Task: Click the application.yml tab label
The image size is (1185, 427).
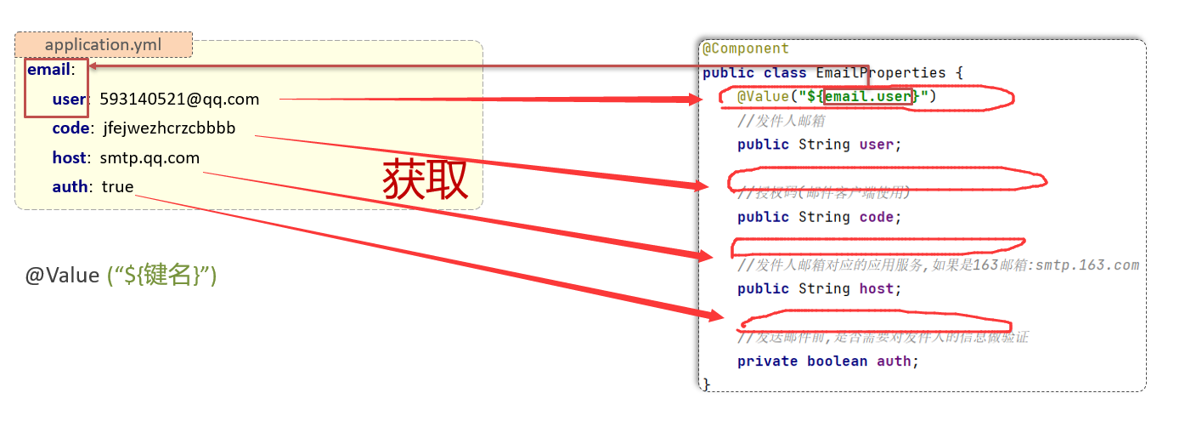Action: (x=103, y=44)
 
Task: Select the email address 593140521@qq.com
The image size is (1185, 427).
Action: (x=179, y=100)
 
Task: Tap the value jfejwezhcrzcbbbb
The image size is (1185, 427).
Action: (x=169, y=128)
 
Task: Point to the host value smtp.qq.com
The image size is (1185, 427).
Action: (x=150, y=157)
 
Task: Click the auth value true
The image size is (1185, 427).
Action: (x=117, y=186)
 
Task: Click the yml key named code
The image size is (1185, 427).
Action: (x=71, y=128)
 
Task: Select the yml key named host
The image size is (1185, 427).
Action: (x=69, y=157)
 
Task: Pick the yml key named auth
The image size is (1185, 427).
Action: (x=70, y=186)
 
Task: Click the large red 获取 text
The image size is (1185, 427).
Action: (x=425, y=179)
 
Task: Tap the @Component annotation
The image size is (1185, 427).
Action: (x=746, y=48)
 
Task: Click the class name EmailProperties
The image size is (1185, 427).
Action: (x=881, y=72)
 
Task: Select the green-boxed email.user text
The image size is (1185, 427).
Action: (x=867, y=96)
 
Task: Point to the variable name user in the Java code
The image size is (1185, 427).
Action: (x=876, y=145)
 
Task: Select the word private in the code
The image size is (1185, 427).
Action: (x=767, y=362)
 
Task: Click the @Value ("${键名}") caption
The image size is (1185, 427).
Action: (x=121, y=276)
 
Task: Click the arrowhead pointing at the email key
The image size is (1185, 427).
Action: (x=93, y=66)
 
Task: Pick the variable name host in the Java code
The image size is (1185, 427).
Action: (x=876, y=289)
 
